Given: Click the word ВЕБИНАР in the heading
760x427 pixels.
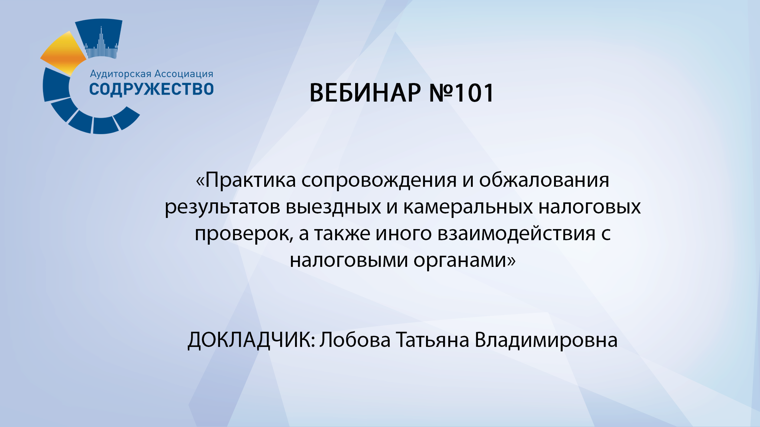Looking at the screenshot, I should [x=365, y=93].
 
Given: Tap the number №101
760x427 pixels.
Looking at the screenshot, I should [x=461, y=93].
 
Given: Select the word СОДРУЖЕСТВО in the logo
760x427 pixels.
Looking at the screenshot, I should [x=151, y=89].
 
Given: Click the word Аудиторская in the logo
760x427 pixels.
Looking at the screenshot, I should [x=120, y=74].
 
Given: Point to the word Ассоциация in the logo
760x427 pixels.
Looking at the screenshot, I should [x=184, y=74].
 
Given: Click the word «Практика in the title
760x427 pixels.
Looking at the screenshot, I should [x=246, y=180].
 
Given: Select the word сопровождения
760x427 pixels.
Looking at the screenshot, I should [x=379, y=180].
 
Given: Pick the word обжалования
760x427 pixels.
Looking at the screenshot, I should [x=544, y=180].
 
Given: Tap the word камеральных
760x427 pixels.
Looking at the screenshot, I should [x=468, y=207].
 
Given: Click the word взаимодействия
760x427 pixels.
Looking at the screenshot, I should [x=517, y=234].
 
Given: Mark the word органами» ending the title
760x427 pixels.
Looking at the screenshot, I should [x=465, y=260].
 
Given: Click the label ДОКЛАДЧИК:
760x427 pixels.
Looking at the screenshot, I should [x=251, y=340].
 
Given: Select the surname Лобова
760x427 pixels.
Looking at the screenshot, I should [x=355, y=340].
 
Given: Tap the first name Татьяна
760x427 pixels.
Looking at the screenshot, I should [x=432, y=340].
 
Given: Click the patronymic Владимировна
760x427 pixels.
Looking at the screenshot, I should [x=546, y=340].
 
